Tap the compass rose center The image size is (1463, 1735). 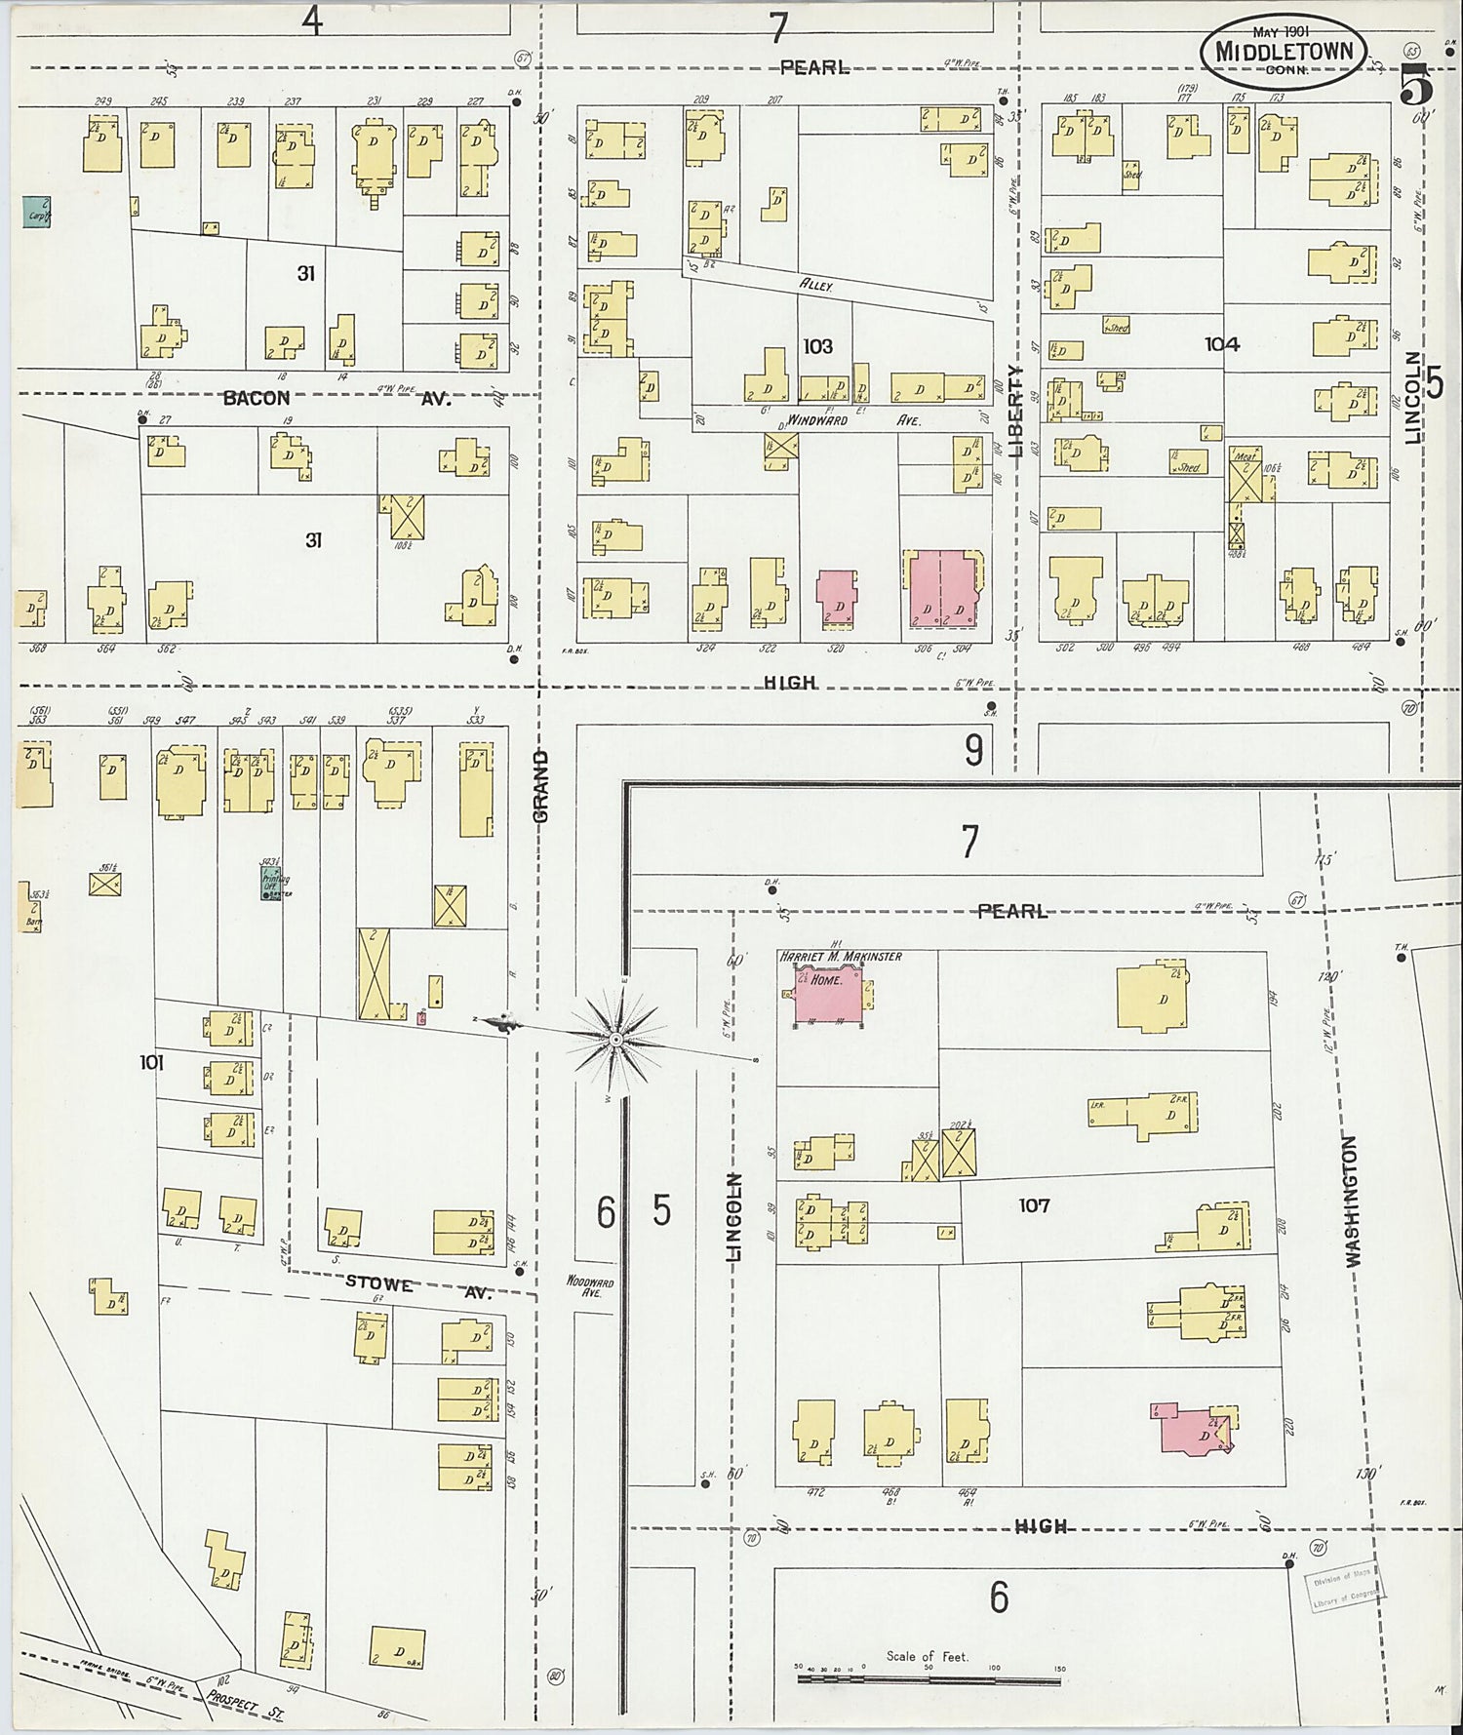[616, 1041]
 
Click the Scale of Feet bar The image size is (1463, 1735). [929, 1680]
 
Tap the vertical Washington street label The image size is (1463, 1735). [1352, 1201]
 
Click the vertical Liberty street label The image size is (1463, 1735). [1016, 411]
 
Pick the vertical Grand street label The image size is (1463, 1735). [542, 785]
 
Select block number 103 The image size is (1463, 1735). [817, 346]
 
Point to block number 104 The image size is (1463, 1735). [1221, 343]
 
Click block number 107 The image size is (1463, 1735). [1034, 1205]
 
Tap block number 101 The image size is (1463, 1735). [150, 1063]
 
